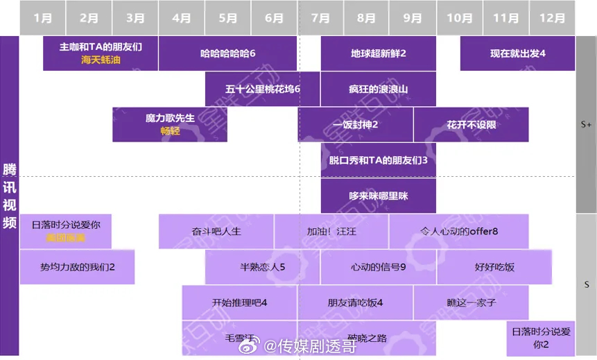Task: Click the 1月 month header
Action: (x=42, y=18)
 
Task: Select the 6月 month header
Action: (x=275, y=18)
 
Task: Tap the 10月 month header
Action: (x=460, y=18)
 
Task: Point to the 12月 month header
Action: (x=552, y=18)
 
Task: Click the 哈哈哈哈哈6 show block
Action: (x=228, y=53)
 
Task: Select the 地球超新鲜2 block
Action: (x=378, y=53)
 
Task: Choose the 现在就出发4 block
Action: (x=517, y=53)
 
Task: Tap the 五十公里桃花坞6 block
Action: (x=262, y=89)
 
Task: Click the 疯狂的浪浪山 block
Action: (x=378, y=89)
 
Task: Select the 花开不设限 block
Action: (x=471, y=125)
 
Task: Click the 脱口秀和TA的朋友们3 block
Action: (x=378, y=160)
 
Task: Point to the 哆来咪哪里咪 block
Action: (x=378, y=196)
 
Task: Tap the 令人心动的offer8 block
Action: (x=459, y=232)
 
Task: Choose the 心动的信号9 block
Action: (x=378, y=267)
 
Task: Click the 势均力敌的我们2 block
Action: (x=77, y=267)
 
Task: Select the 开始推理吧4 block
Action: (x=239, y=302)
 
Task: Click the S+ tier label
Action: (x=586, y=125)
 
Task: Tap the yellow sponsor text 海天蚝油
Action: (x=101, y=60)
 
